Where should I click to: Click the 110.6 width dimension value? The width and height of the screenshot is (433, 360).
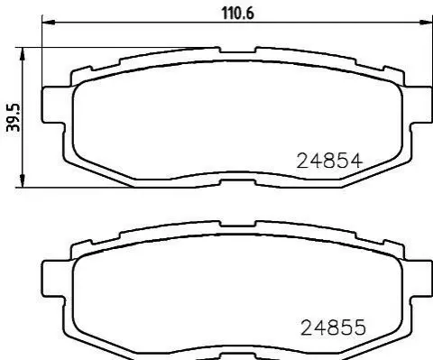point(237,14)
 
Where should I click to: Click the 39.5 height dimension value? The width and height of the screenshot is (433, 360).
point(14,117)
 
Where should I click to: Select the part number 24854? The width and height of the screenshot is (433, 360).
point(329,161)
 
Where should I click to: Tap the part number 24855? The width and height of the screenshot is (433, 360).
point(333,328)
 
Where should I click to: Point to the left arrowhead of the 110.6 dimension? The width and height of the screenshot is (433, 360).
point(49,23)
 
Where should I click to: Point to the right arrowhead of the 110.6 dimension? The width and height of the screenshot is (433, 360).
point(426,23)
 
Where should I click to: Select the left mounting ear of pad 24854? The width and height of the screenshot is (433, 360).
point(53,105)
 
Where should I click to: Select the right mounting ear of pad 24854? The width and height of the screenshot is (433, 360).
point(421,105)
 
